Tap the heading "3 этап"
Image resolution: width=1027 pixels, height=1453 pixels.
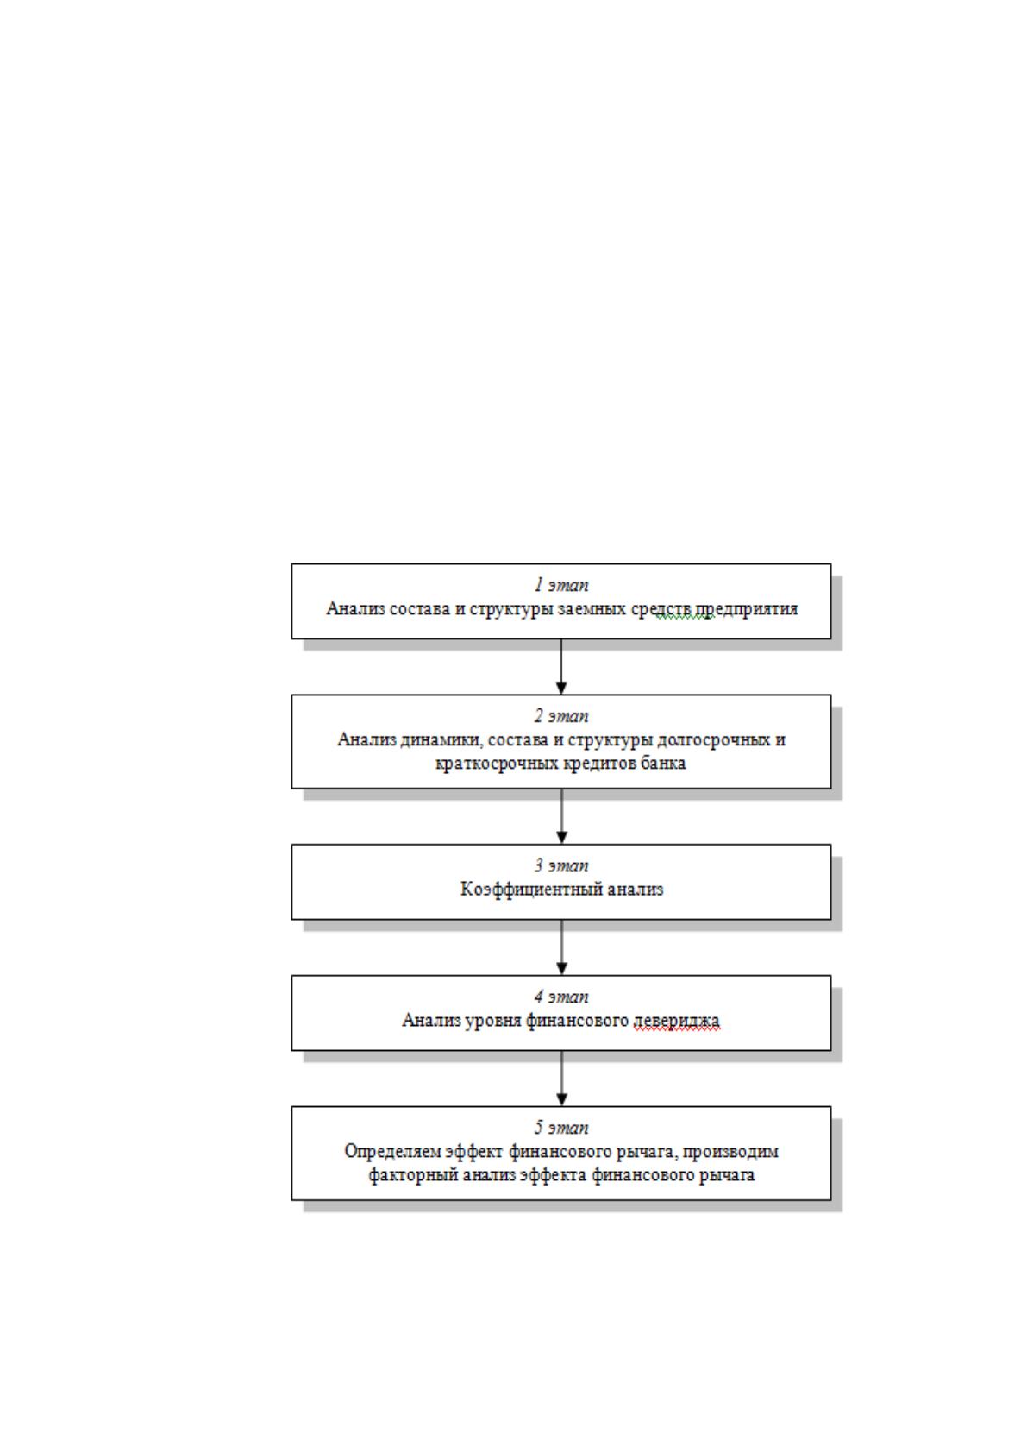point(561,865)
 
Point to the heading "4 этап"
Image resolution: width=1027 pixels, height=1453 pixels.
point(561,997)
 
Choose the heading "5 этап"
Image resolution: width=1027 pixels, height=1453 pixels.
point(561,1128)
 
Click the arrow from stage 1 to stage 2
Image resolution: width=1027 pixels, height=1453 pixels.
point(561,667)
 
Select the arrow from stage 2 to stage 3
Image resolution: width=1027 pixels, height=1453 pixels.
point(561,816)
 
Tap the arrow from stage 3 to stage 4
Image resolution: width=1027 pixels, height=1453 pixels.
point(561,947)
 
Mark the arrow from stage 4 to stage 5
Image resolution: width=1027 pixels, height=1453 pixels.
point(561,1078)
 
